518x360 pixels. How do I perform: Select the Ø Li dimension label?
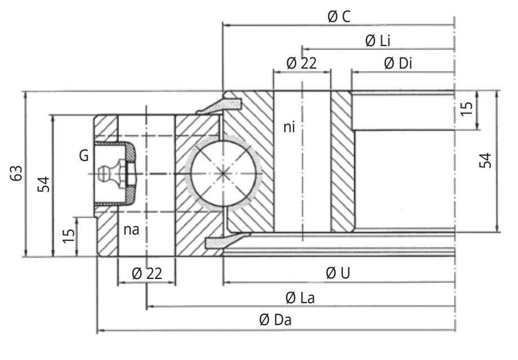tap(378, 40)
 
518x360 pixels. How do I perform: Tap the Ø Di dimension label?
tap(398, 64)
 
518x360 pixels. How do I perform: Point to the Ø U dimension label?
tap(338, 273)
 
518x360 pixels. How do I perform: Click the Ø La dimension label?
tap(300, 298)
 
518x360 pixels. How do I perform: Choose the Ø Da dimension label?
tap(275, 321)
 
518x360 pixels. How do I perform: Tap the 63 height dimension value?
tap(16, 173)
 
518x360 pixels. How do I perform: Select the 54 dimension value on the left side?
tap(44, 184)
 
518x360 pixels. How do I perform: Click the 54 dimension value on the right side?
tap(485, 160)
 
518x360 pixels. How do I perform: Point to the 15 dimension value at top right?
tap(467, 109)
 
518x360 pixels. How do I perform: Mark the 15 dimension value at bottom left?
tap(68, 235)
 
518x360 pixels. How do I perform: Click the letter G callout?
tap(83, 156)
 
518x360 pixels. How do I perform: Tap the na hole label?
tap(131, 229)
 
